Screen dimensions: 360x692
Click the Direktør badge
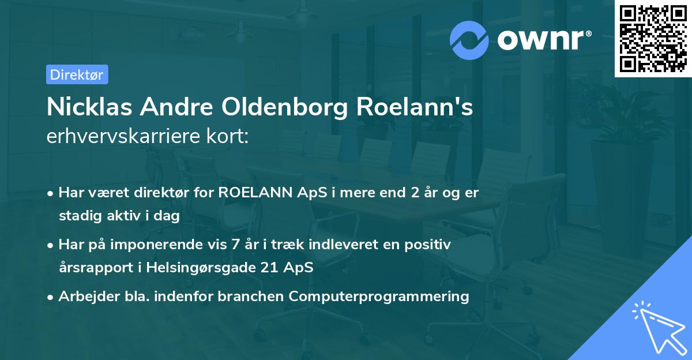77,74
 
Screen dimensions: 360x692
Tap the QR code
653,39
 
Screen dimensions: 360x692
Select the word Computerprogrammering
379,297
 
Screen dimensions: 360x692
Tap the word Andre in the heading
174,108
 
